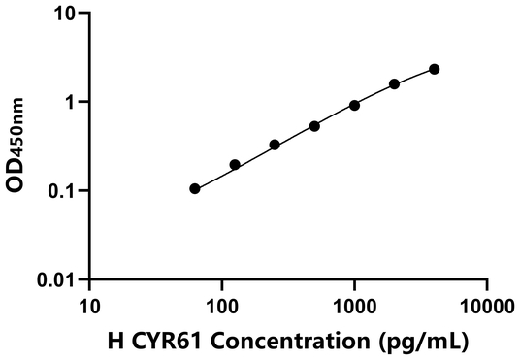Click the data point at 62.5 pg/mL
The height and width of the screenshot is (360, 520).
pyautogui.click(x=195, y=188)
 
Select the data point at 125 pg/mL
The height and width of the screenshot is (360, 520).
pyautogui.click(x=235, y=165)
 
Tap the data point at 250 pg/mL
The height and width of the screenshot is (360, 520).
pyautogui.click(x=275, y=145)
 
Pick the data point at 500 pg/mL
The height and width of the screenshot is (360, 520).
pyautogui.click(x=314, y=126)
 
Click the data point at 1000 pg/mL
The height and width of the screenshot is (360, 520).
pyautogui.click(x=354, y=105)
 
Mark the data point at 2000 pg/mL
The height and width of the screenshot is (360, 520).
pyautogui.click(x=395, y=84)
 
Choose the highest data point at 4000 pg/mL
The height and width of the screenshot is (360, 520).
pyautogui.click(x=434, y=69)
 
